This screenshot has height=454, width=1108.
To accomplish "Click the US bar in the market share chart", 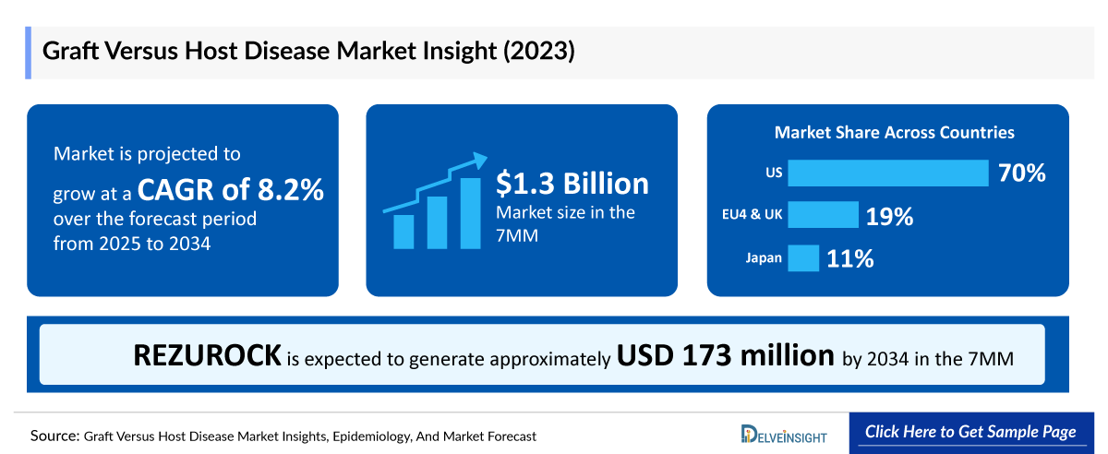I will (887, 173).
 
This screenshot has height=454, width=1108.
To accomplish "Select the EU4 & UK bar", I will (823, 215).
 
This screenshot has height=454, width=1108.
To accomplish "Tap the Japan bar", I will (803, 258).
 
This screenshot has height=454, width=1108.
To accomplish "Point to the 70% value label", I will (1021, 173).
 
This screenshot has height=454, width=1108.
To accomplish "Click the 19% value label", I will (889, 217).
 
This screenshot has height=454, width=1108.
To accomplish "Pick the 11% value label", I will (850, 259).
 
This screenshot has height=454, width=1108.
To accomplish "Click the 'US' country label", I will (774, 173).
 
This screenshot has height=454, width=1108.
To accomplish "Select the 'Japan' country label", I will (764, 258).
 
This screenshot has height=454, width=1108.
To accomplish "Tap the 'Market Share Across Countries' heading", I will (894, 133).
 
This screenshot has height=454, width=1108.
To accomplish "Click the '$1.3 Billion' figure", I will (572, 183).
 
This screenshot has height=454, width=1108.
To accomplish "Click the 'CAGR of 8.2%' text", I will (231, 190).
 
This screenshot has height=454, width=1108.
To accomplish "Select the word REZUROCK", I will (208, 355).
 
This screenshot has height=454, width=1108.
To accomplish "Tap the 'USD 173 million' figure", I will (726, 355).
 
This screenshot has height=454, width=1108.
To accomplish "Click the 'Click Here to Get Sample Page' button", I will (970, 432).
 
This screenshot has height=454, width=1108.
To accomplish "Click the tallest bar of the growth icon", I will (470, 213).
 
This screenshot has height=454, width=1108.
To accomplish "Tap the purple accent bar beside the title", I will (30, 53).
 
